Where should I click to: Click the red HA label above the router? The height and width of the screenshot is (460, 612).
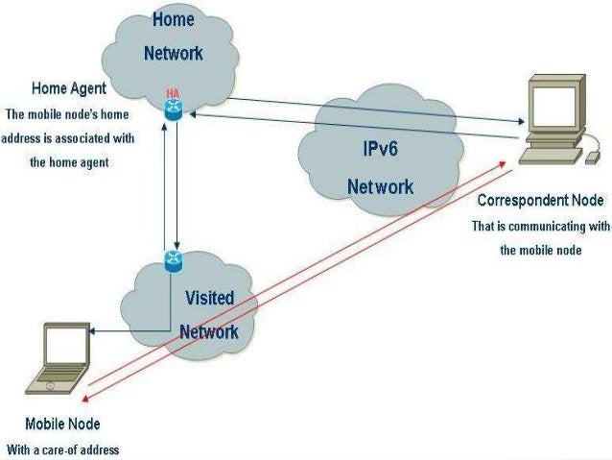pos(174,92)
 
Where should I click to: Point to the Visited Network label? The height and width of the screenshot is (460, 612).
pos(208,314)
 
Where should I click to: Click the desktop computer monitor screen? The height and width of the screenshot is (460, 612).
pos(555,107)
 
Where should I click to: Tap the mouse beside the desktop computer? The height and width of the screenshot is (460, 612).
pos(594,154)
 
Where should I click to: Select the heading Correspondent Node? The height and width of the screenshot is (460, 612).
pos(540,201)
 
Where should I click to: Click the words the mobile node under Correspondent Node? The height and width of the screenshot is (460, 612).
pos(540,249)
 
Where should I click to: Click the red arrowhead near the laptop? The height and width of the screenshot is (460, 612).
pos(87,399)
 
